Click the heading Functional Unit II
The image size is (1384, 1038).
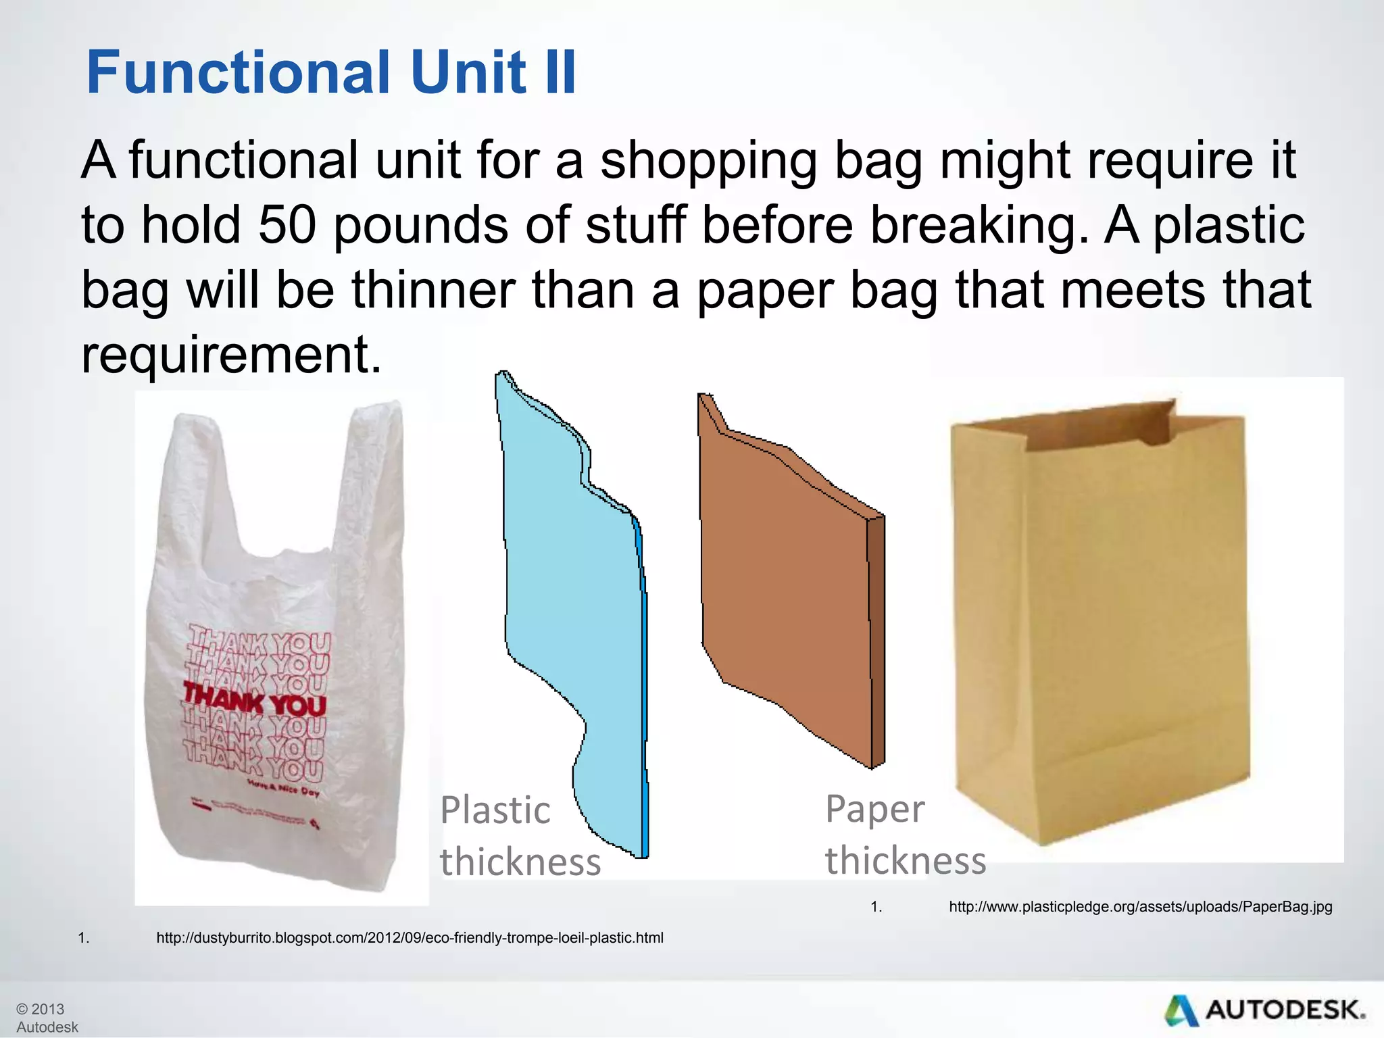coord(331,72)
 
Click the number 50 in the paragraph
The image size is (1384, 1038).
coord(287,226)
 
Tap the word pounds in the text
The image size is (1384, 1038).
coord(420,227)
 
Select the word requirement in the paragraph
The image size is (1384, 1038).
coord(231,355)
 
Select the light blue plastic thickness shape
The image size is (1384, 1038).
coord(574,608)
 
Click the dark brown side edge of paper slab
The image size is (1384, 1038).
coord(876,642)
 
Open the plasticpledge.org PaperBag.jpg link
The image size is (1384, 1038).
coord(1140,907)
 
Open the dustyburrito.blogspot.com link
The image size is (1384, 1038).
coord(410,938)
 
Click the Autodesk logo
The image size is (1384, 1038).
coord(1264,1010)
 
